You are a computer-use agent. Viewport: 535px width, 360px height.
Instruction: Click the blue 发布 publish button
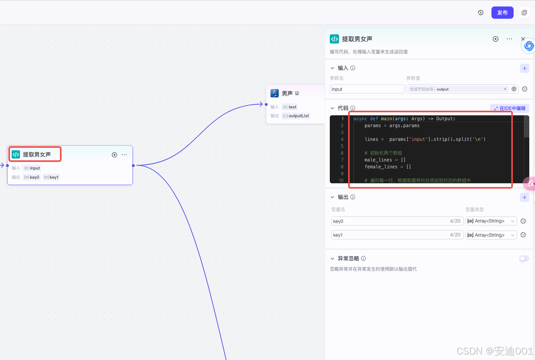pyautogui.click(x=502, y=13)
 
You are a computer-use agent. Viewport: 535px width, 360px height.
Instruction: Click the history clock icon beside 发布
pyautogui.click(x=481, y=13)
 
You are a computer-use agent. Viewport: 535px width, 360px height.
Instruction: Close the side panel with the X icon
pyautogui.click(x=523, y=39)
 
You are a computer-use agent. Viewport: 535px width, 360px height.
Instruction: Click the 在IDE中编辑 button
pyautogui.click(x=510, y=108)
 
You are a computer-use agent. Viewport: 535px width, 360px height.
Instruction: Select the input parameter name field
pyautogui.click(x=367, y=89)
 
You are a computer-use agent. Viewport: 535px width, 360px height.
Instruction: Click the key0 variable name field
pyautogui.click(x=391, y=221)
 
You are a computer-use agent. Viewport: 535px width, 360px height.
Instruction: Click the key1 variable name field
pyautogui.click(x=391, y=235)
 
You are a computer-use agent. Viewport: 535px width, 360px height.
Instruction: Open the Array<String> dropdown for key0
pyautogui.click(x=491, y=221)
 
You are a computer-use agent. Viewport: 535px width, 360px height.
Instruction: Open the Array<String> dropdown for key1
pyautogui.click(x=491, y=235)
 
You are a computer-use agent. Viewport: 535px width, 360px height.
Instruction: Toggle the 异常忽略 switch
pyautogui.click(x=524, y=259)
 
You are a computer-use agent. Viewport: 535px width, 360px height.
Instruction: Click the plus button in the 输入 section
pyautogui.click(x=525, y=68)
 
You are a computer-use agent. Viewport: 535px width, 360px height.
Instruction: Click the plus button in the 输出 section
pyautogui.click(x=525, y=197)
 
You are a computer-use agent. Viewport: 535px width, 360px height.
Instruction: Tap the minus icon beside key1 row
pyautogui.click(x=523, y=235)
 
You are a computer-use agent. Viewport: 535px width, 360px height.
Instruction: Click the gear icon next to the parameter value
pyautogui.click(x=514, y=89)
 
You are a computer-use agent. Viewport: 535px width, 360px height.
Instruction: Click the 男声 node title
pyautogui.click(x=287, y=94)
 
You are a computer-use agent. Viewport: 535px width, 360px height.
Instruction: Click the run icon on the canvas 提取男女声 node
pyautogui.click(x=114, y=155)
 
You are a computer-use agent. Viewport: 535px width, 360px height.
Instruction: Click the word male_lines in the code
pyautogui.click(x=378, y=160)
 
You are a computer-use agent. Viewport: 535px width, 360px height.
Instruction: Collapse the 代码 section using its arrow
pyautogui.click(x=332, y=108)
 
